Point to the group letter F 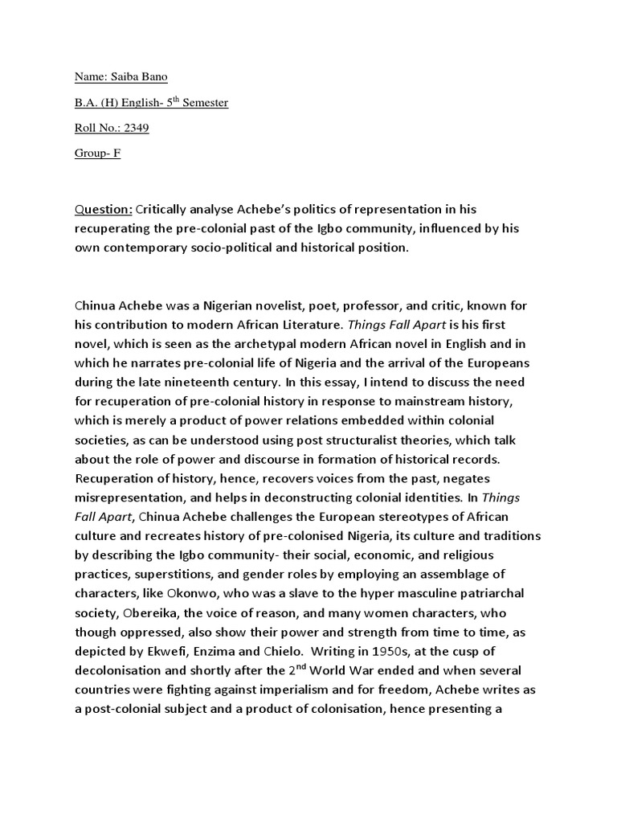pyautogui.click(x=116, y=153)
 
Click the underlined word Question pyautogui.click(x=104, y=210)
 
